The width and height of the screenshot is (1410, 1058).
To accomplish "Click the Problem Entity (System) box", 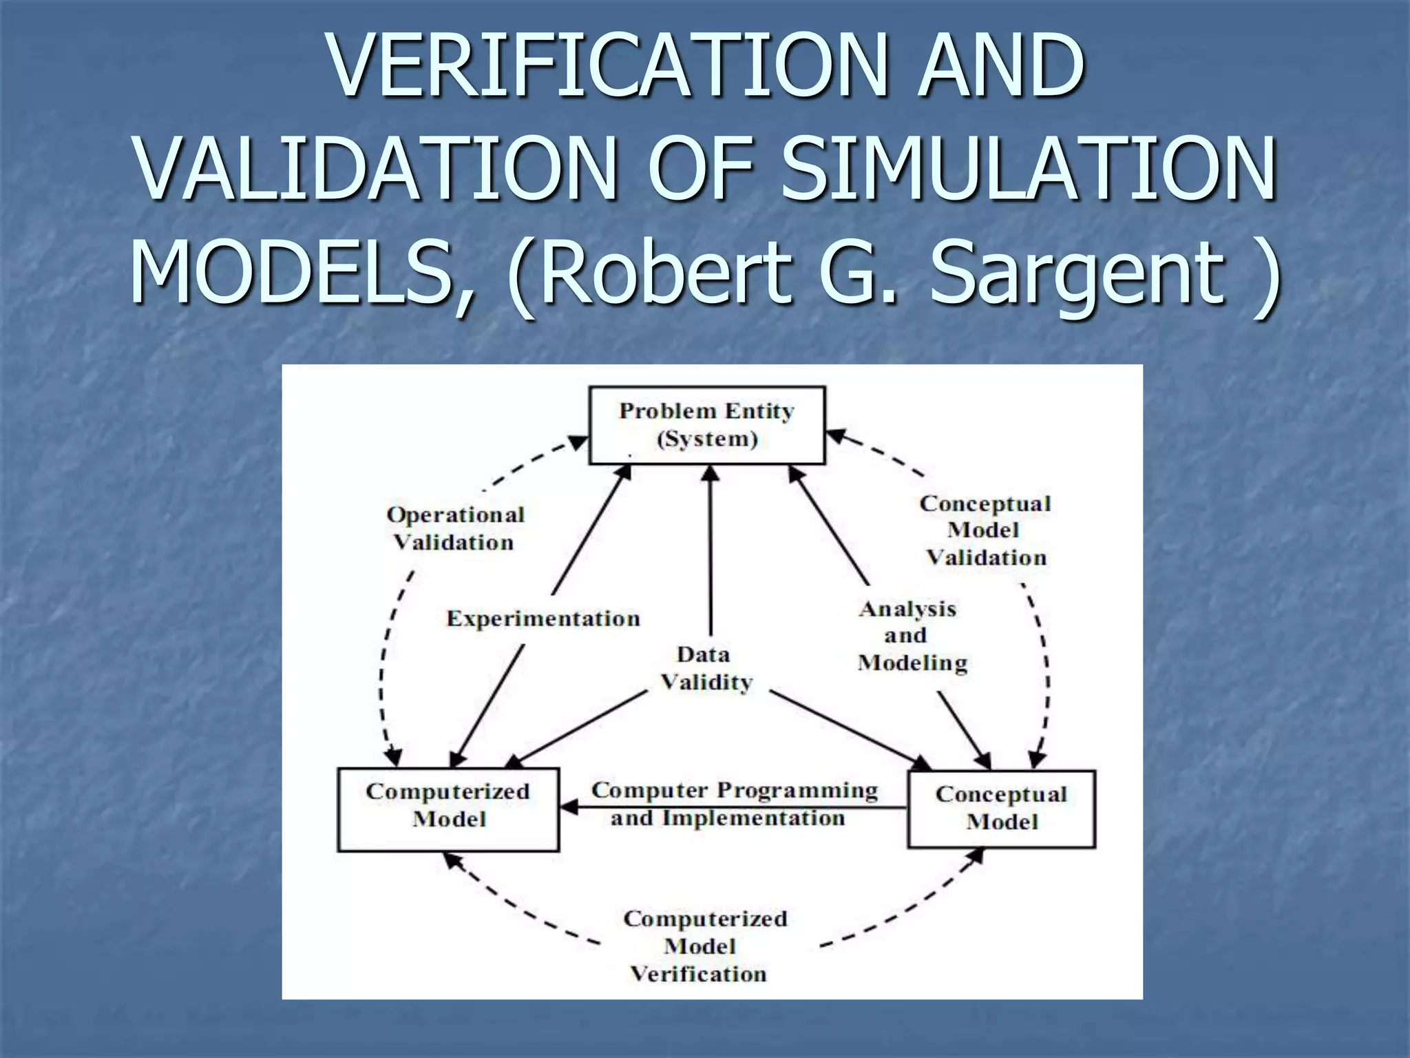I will click(707, 425).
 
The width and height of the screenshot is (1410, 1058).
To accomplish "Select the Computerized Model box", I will click(448, 809).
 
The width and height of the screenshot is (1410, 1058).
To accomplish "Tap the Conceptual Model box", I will click(1002, 809).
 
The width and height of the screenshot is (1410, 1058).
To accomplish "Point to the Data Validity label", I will click(706, 669).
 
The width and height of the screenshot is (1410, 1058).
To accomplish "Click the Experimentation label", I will click(543, 619).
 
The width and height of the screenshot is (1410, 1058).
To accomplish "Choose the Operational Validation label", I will click(455, 528).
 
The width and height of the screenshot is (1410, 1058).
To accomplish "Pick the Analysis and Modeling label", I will click(912, 636).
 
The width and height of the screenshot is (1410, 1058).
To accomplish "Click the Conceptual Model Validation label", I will click(986, 530).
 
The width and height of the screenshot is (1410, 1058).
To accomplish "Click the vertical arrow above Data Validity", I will click(711, 551).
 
